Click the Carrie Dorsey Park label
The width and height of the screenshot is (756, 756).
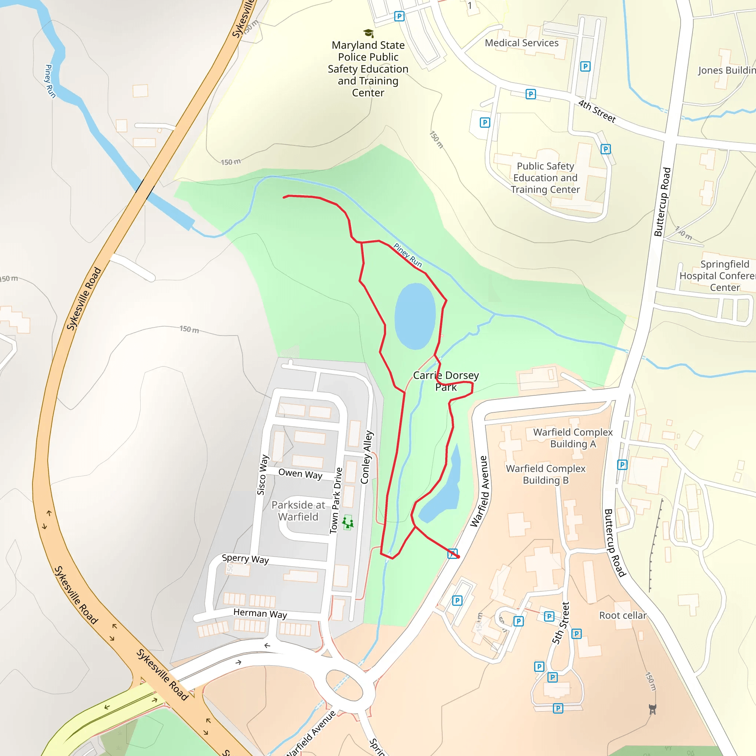click(x=446, y=381)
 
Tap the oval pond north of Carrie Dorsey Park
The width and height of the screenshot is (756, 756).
click(x=415, y=316)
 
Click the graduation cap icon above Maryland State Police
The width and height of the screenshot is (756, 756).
click(x=368, y=33)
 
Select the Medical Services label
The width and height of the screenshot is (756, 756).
click(x=522, y=43)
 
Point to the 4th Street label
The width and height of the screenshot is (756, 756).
click(x=597, y=111)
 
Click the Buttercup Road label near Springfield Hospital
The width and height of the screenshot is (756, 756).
click(x=663, y=202)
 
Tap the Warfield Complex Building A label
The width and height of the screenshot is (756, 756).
click(x=573, y=438)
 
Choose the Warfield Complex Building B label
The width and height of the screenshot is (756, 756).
click(x=546, y=474)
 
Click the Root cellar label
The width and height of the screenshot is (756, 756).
click(x=623, y=615)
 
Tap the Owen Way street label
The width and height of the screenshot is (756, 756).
click(x=300, y=474)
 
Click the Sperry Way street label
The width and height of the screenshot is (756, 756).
click(x=245, y=559)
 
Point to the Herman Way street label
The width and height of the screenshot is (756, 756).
click(x=260, y=613)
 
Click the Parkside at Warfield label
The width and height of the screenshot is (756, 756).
click(x=298, y=511)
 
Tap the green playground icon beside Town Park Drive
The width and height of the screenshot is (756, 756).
click(x=347, y=523)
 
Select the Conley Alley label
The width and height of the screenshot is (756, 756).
click(x=367, y=457)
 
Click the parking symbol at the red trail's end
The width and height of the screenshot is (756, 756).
click(x=452, y=554)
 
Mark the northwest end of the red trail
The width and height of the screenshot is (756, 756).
click(x=284, y=197)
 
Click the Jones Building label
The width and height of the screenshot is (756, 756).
click(x=726, y=71)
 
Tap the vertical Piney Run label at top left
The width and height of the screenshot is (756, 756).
click(x=50, y=81)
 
